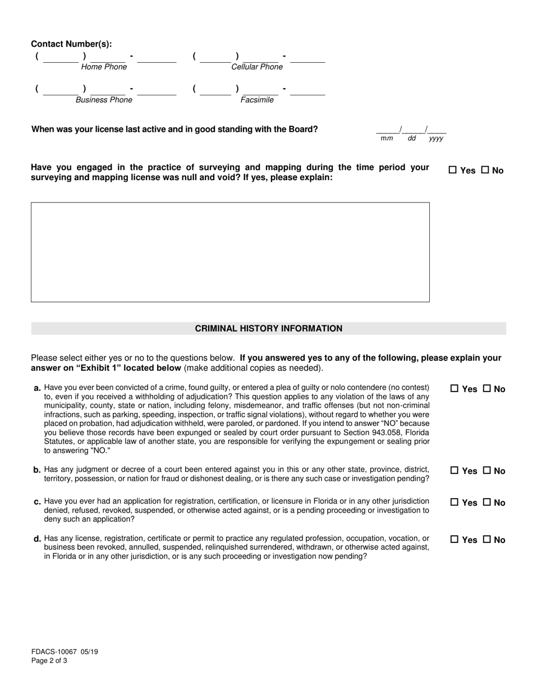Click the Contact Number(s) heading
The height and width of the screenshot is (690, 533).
[x=71, y=44]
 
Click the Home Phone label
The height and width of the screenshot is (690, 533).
[x=104, y=67]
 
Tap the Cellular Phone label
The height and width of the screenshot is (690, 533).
[x=257, y=67]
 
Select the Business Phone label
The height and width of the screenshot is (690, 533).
[x=104, y=100]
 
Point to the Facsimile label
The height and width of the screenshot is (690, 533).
[x=257, y=100]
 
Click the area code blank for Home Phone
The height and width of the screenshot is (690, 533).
[x=61, y=58]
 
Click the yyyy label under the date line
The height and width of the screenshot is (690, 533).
[x=436, y=139]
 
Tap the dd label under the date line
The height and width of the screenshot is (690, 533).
[x=411, y=139]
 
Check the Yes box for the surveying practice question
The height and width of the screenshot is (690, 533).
[x=453, y=171]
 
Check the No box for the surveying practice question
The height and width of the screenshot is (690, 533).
[x=485, y=171]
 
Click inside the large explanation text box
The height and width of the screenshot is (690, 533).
[x=230, y=252]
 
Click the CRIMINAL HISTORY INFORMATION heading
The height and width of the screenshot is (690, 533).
[x=268, y=329]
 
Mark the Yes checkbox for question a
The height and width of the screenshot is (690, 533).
[x=454, y=389]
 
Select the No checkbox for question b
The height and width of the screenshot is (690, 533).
[x=487, y=471]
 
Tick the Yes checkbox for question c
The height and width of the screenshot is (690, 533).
[x=454, y=503]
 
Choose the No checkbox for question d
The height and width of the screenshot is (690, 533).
[x=487, y=540]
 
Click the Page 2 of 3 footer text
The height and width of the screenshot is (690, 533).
[x=49, y=661]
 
